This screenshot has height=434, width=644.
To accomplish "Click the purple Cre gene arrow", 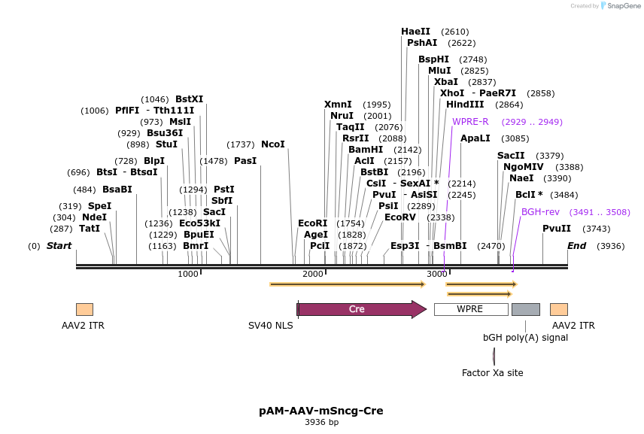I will tap(361, 309).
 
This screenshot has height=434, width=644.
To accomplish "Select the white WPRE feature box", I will tap(470, 309).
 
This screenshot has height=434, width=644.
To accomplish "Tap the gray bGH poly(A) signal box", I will tap(525, 309).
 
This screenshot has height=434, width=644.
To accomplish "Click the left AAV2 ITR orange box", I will tap(84, 309).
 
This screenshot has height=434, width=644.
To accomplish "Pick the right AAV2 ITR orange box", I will tap(558, 309).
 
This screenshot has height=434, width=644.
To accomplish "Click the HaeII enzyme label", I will tap(415, 32).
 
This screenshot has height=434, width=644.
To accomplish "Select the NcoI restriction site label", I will tap(273, 144).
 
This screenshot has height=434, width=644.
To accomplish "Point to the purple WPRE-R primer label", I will tap(470, 122).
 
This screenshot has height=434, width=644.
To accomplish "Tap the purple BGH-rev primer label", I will tap(540, 212).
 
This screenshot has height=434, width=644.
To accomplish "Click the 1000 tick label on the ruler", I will tap(188, 274).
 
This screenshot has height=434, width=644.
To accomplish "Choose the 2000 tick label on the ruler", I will tap(313, 274).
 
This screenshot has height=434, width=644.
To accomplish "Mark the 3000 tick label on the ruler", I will tap(437, 274).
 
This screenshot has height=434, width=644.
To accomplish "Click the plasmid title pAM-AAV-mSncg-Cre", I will tap(321, 411).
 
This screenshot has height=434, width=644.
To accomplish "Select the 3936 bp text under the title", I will tap(321, 423).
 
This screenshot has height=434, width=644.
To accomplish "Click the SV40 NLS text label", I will tap(271, 326).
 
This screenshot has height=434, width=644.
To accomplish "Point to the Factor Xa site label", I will tap(492, 373).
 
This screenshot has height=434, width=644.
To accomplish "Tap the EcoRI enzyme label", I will tap(313, 223).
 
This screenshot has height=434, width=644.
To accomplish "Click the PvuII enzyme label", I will tap(557, 229).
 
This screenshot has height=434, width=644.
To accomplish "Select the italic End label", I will tap(577, 246).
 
